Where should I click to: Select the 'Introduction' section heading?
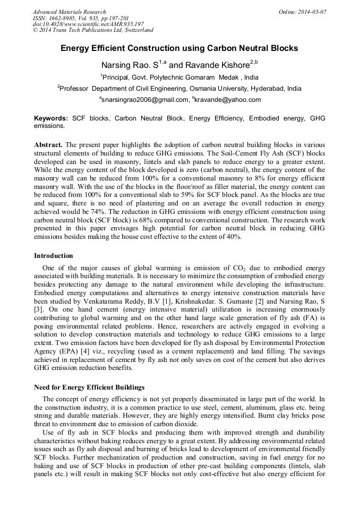click(x=54, y=256)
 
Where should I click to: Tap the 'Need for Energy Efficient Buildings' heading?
click(x=89, y=387)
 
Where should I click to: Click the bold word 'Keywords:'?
click(x=51, y=118)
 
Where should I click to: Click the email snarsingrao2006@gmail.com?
click(x=144, y=100)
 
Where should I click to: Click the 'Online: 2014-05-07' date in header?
click(x=302, y=12)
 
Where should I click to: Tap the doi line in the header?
click(x=88, y=24)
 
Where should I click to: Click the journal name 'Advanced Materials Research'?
click(x=69, y=12)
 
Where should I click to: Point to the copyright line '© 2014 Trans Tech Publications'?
click(x=93, y=30)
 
